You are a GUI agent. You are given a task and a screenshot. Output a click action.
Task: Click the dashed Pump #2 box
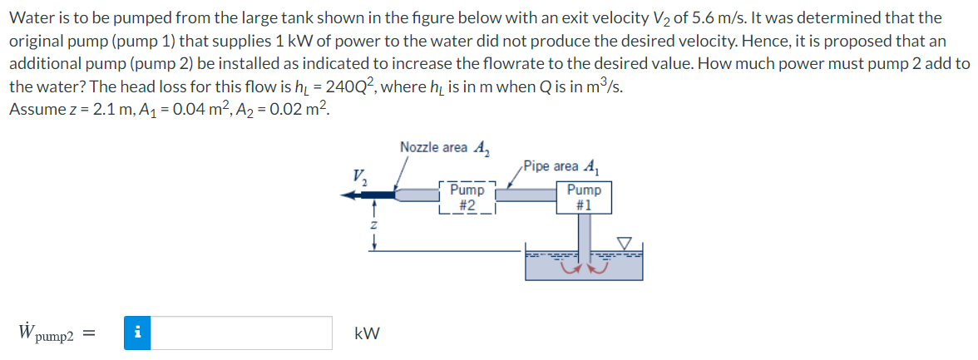(x=467, y=196)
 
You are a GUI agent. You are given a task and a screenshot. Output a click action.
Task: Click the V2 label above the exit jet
(x=358, y=176)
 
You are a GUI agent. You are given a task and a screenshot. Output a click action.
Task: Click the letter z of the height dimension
(x=375, y=225)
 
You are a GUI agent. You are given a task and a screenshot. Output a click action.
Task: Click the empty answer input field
(x=241, y=333)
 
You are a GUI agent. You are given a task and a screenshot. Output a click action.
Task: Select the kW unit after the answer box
(x=367, y=333)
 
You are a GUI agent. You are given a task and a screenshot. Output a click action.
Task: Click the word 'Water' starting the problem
(x=27, y=17)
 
